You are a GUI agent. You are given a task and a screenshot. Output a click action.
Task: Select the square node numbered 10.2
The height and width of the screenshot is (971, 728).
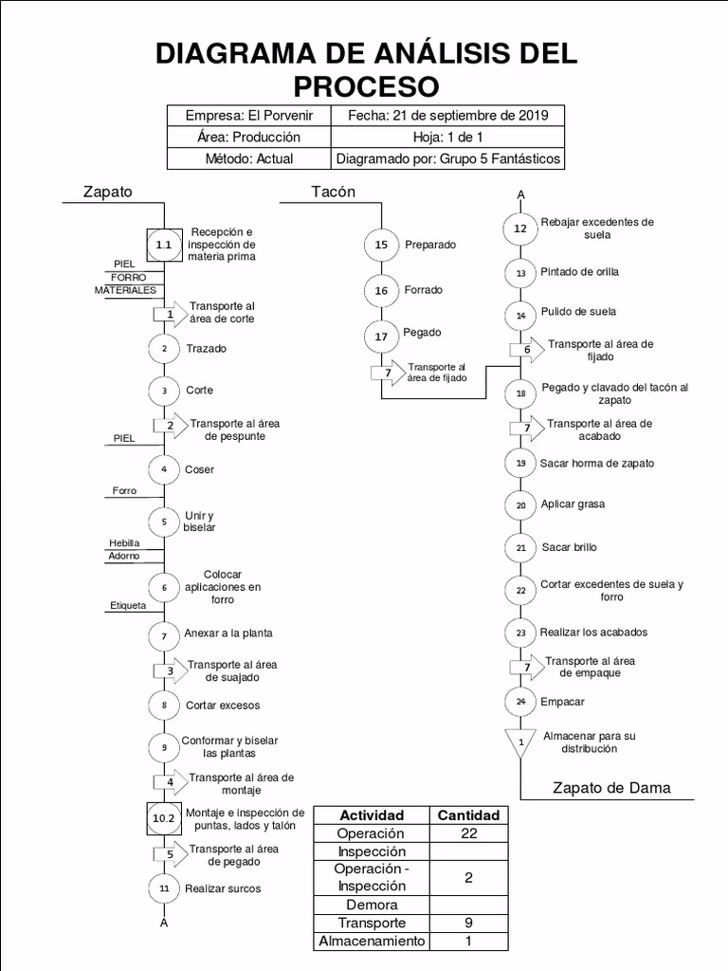[164, 817]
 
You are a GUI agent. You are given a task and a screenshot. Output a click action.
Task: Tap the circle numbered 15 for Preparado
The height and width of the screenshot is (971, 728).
[381, 245]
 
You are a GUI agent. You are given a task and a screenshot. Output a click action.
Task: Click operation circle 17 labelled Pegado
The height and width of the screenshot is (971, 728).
[381, 337]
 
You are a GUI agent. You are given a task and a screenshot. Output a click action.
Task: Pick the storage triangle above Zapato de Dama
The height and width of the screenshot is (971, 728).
[520, 742]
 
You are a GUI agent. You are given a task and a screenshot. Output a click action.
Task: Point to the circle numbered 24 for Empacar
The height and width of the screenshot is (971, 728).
[520, 702]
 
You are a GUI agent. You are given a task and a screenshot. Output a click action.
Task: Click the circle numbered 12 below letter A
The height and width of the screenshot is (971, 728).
[520, 229]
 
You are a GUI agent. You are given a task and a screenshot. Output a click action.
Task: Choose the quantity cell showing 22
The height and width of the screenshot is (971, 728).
[468, 834]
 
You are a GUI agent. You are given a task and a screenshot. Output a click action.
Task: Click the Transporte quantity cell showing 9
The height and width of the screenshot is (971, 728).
[468, 923]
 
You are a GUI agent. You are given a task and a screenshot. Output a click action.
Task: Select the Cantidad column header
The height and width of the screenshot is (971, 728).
[468, 815]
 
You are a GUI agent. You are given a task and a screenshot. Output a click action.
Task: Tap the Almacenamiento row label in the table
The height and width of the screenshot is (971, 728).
[373, 942]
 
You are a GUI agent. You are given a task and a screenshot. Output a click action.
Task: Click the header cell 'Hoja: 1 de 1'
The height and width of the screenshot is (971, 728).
[447, 137]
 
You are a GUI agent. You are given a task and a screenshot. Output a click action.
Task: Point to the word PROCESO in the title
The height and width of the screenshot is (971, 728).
[366, 86]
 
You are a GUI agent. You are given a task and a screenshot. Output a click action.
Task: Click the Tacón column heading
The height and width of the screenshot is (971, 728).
[334, 192]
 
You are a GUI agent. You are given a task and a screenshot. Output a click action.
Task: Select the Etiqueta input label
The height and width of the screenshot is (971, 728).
[129, 604]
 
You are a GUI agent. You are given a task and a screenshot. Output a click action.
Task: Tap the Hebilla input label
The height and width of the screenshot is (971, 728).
[124, 543]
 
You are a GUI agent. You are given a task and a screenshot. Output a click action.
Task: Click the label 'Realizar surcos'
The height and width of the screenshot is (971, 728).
[223, 889]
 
